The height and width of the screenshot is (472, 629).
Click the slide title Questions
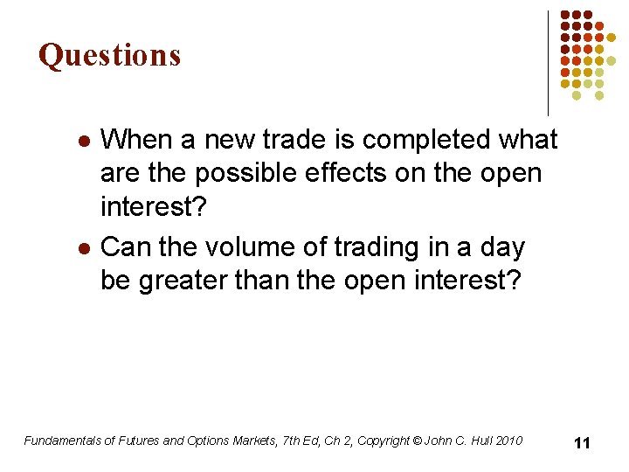pos(109,55)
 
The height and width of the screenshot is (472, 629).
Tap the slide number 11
pos(582,443)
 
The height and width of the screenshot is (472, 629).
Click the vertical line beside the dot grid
pos(548,63)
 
